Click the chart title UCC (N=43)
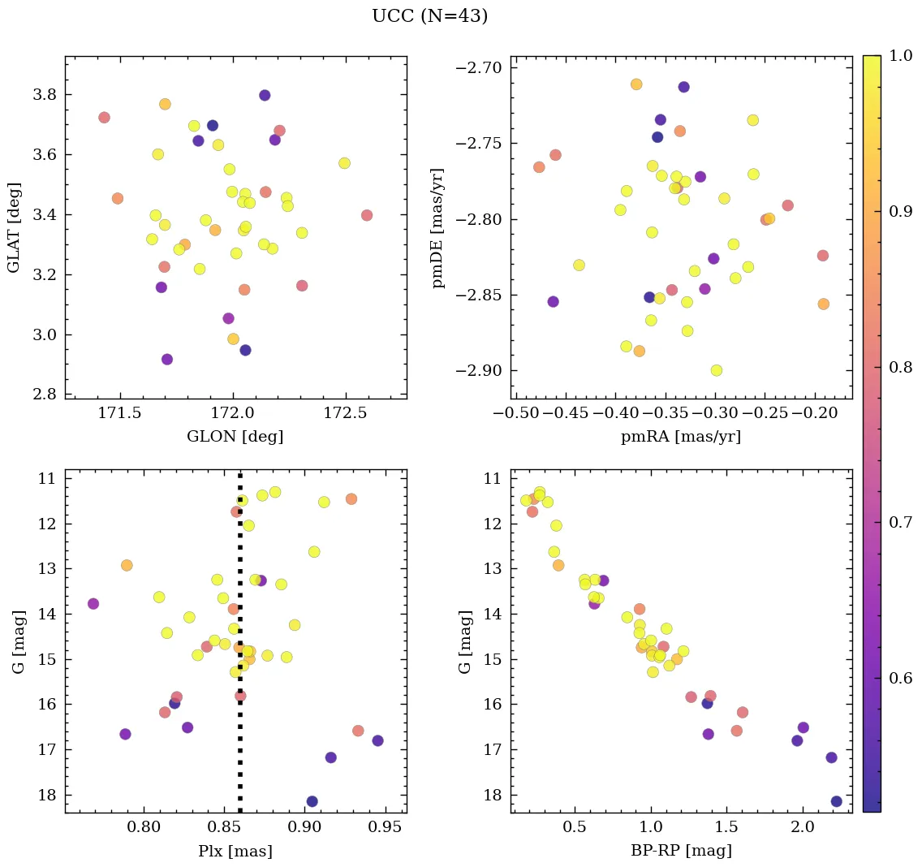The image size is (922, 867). click(429, 16)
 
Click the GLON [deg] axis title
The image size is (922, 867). click(235, 437)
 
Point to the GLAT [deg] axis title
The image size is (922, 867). click(14, 227)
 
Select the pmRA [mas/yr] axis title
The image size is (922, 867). click(680, 437)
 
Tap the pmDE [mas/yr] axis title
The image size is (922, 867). click(439, 227)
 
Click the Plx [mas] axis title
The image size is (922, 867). click(235, 851)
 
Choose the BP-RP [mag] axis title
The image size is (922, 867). click(680, 851)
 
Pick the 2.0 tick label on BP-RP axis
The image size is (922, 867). click(803, 829)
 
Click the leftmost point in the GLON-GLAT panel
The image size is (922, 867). click(104, 118)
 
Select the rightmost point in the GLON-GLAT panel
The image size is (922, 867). click(367, 215)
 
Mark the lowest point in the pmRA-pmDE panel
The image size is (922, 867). click(717, 370)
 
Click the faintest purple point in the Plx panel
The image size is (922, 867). click(312, 801)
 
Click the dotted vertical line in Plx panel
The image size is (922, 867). click(239, 568)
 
